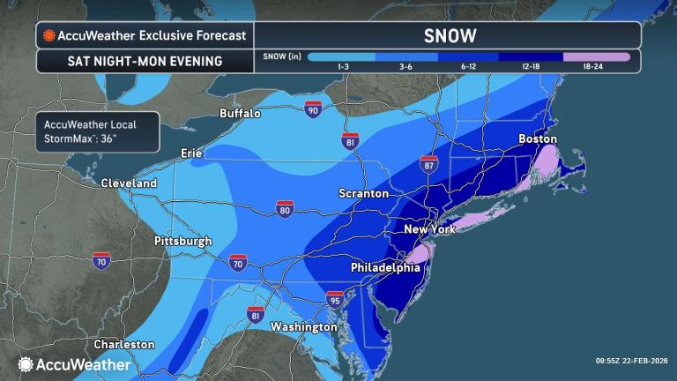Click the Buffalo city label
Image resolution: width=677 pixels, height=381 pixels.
point(241,113)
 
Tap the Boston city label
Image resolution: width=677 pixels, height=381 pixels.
point(538,138)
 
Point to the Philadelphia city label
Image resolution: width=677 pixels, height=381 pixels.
point(386,267)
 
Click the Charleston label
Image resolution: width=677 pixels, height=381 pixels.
point(125,344)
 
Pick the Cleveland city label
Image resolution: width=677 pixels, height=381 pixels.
point(129,183)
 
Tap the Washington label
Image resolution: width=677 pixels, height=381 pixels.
point(304,326)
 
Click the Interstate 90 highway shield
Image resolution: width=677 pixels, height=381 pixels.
point(312,109)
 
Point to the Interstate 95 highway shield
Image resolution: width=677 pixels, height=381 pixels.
point(335,301)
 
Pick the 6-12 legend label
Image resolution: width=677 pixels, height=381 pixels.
point(467,69)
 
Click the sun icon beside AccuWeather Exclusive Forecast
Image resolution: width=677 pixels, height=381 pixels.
point(48,36)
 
